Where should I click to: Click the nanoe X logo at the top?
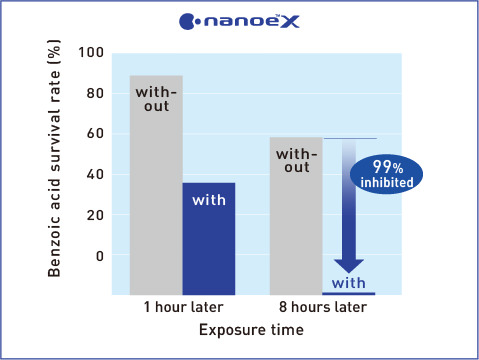[239, 20]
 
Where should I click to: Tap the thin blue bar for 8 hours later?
[348, 293]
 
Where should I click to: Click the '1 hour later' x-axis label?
[182, 307]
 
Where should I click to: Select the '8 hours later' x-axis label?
[322, 307]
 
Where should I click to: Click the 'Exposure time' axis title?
[252, 329]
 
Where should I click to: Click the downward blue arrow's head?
[348, 265]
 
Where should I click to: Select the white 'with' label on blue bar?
[208, 200]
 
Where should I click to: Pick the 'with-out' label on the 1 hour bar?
[156, 100]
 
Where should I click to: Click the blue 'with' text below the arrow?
[348, 282]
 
